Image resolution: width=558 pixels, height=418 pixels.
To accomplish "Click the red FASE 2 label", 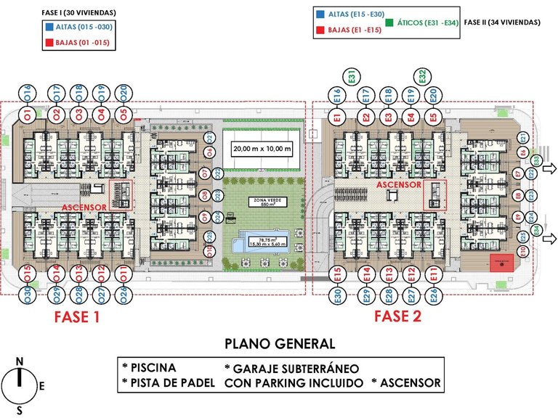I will (397, 316).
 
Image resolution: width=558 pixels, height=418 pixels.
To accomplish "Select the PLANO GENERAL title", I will (280, 343).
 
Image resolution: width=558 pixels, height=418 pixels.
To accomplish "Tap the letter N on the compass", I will (20, 361).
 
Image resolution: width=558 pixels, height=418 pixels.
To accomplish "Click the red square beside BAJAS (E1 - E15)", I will (320, 30).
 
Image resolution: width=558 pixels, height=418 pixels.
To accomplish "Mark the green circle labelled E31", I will (351, 76).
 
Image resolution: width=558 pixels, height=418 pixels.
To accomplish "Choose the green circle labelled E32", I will (421, 76).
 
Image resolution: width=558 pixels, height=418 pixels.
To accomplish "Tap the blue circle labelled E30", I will (337, 295).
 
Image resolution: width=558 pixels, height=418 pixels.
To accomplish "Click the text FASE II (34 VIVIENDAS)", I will (502, 22).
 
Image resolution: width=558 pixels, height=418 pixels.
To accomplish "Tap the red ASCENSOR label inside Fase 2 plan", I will (399, 185).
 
